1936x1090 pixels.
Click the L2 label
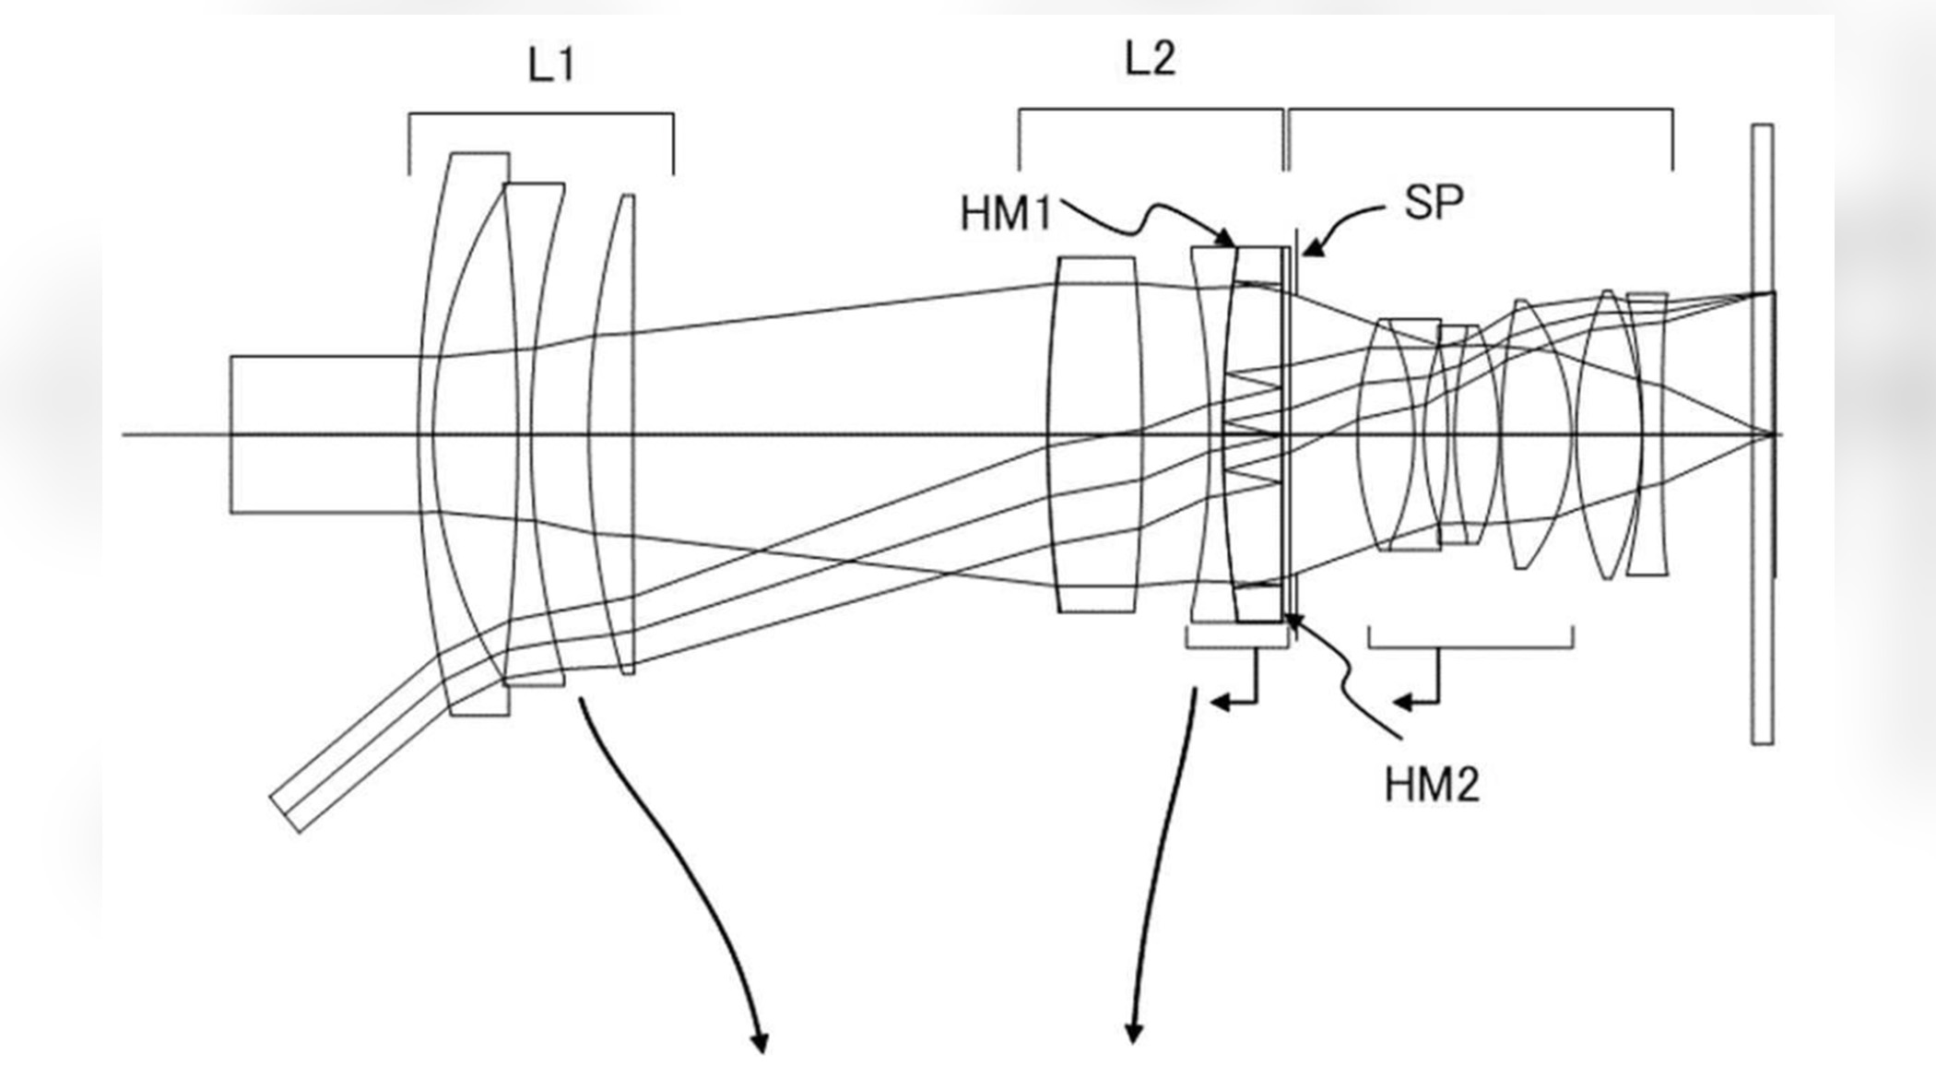tap(1151, 59)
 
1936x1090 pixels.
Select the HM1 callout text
tap(1005, 214)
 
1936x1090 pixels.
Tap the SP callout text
tap(1434, 203)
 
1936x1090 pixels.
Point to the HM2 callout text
tap(1431, 785)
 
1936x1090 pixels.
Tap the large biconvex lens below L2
tap(1095, 433)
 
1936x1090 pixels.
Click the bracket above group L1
tap(541, 114)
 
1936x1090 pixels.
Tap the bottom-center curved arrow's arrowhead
tap(1133, 1035)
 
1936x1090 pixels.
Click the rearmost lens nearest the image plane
tap(1647, 433)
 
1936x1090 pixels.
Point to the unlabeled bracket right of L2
tap(1480, 110)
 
